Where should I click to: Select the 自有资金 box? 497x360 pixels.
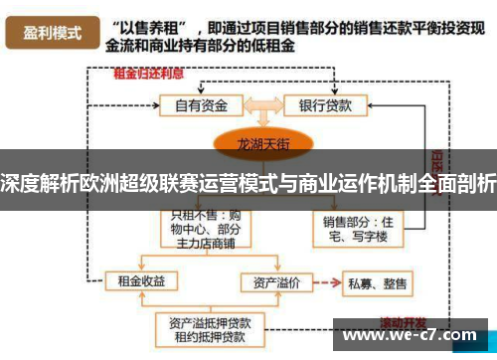pos(203,104)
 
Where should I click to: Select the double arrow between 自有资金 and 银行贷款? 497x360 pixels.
pos(261,103)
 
